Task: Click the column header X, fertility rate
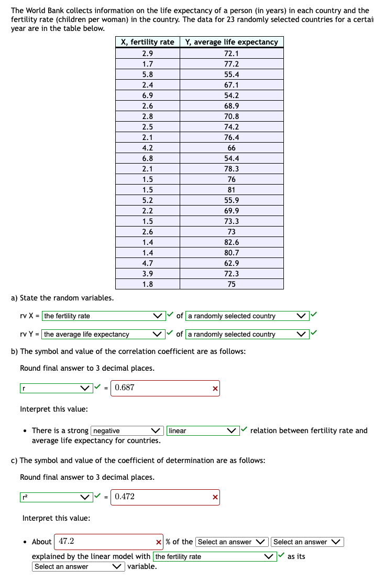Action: click(147, 42)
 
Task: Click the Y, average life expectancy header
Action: click(232, 42)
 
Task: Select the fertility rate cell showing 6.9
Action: click(147, 95)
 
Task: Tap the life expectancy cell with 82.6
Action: click(232, 242)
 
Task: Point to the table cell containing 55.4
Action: click(232, 74)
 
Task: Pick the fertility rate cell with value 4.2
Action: click(147, 148)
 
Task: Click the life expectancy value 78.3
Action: click(232, 169)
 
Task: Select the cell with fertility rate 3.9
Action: click(147, 274)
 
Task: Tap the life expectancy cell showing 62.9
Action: click(232, 263)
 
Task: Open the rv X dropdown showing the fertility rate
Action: click(103, 316)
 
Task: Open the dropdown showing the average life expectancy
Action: click(103, 335)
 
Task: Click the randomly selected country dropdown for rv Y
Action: click(247, 335)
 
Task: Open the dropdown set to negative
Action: click(127, 431)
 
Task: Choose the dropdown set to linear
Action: click(203, 431)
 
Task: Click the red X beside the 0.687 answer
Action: click(214, 389)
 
